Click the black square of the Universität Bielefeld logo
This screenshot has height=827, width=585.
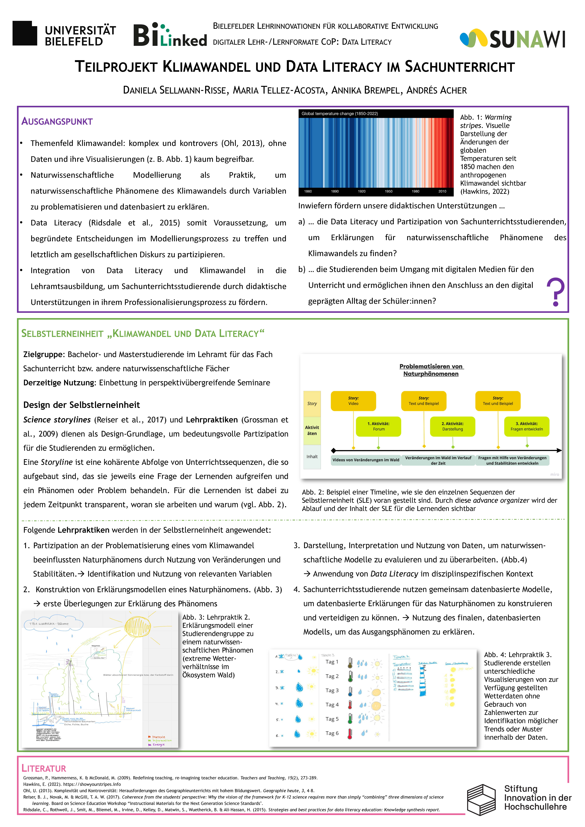[x=24, y=33]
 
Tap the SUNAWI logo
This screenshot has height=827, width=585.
[x=512, y=39]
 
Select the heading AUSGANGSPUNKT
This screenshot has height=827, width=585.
[x=57, y=121]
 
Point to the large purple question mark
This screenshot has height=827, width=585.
[x=555, y=292]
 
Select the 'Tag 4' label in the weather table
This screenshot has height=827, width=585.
[x=332, y=705]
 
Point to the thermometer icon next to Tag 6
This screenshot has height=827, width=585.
[x=349, y=733]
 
